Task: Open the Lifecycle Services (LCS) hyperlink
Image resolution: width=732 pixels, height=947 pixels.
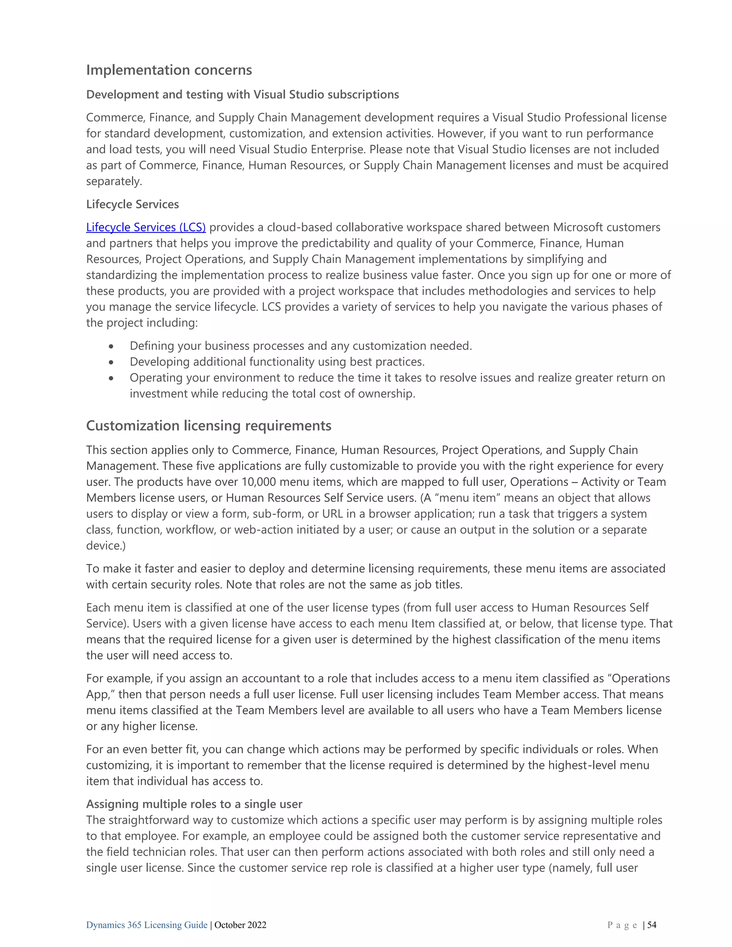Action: click(146, 227)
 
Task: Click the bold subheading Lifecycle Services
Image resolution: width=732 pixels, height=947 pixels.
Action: click(132, 204)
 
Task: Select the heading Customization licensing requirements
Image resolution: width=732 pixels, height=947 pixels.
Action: click(209, 426)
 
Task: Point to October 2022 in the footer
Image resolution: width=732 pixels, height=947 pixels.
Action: click(240, 925)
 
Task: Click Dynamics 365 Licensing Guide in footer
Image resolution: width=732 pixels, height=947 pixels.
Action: click(147, 925)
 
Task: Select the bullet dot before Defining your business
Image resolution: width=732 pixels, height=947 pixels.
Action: click(112, 346)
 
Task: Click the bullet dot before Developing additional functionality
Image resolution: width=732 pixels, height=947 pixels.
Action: click(112, 362)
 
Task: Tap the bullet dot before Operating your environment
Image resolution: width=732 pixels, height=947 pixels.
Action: click(112, 378)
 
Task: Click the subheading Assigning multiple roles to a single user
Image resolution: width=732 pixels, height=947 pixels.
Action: click(194, 804)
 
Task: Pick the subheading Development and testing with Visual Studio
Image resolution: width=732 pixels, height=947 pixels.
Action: click(242, 95)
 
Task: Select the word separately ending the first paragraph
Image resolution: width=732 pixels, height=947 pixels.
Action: click(114, 181)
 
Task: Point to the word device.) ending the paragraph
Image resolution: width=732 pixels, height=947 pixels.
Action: click(106, 545)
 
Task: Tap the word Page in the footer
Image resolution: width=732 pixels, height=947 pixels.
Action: click(622, 925)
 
